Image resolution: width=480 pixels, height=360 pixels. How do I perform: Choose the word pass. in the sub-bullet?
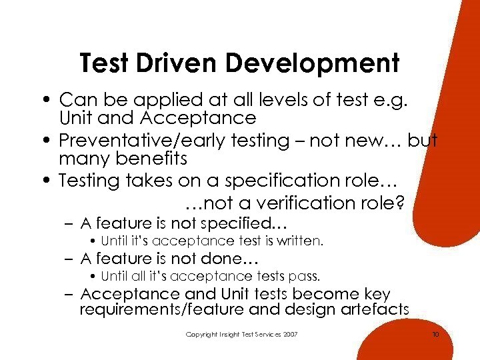(x=307, y=275)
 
